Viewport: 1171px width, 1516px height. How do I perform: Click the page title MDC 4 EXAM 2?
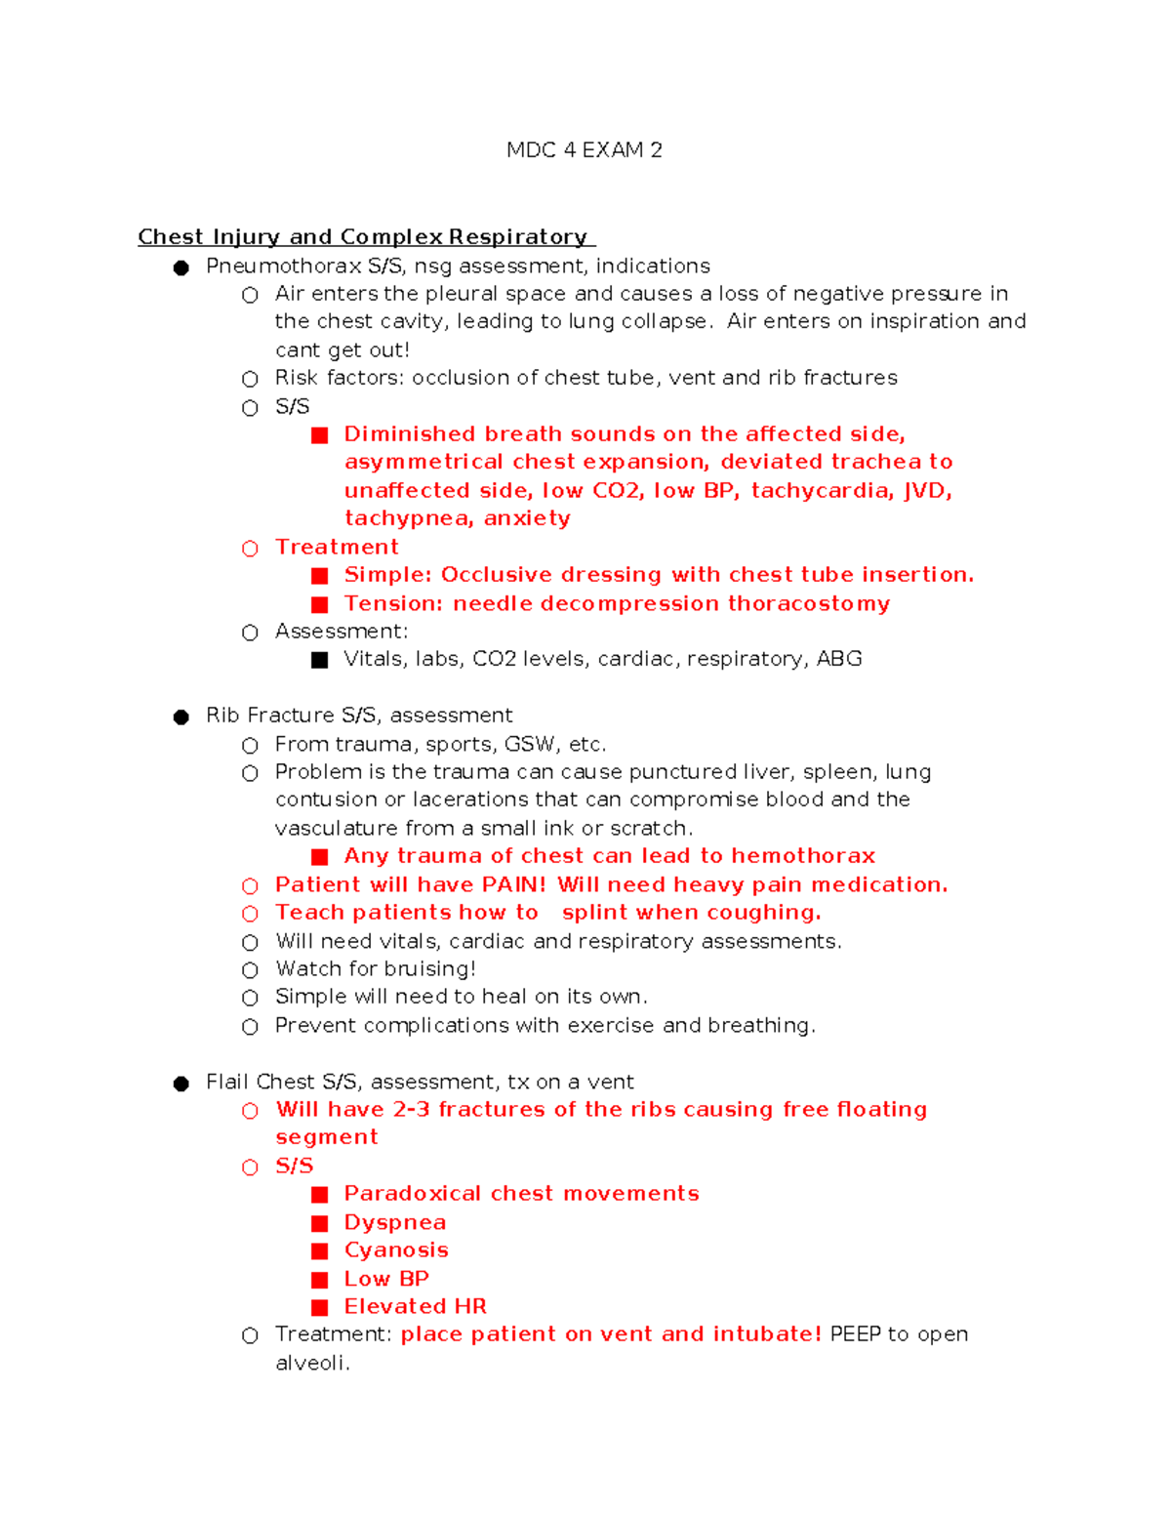584,150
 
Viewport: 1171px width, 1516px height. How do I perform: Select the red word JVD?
927,490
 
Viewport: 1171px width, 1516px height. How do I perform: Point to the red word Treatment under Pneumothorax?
337,547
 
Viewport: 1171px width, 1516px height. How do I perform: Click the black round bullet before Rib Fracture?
181,717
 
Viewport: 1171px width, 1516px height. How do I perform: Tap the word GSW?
530,744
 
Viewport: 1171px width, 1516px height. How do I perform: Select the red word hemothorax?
803,856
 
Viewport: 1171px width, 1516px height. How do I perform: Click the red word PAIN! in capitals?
514,884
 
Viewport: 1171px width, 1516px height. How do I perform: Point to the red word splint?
594,913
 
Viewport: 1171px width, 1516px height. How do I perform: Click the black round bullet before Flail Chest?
181,1084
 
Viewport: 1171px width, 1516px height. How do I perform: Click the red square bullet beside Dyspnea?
319,1223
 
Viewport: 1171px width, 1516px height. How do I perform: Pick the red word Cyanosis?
396,1250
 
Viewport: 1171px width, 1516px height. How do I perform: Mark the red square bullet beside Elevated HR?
319,1307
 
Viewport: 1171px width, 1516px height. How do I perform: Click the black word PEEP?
855,1334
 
